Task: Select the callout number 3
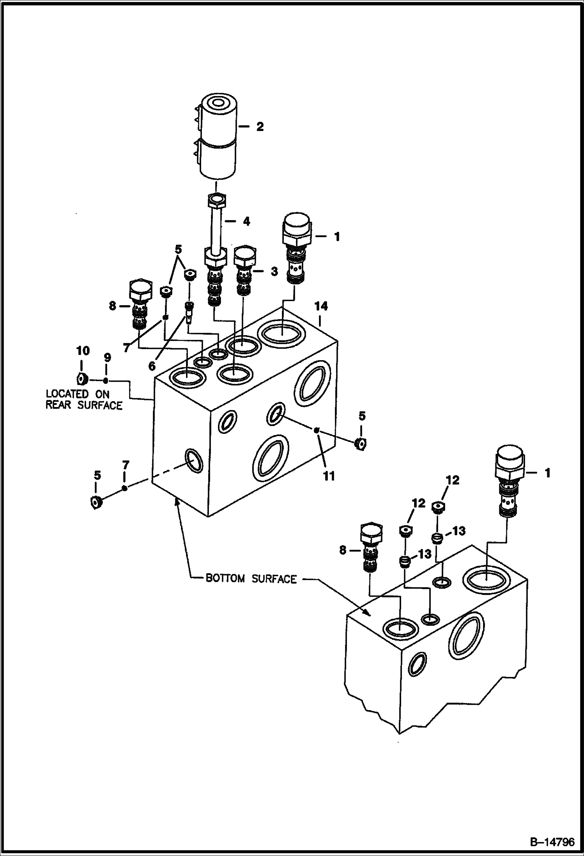[274, 272]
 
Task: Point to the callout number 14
[322, 307]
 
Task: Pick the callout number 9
[107, 358]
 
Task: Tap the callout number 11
[330, 476]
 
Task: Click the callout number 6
[152, 366]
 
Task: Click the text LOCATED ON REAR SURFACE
[84, 400]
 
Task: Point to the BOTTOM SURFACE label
[251, 579]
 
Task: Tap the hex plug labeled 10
[81, 378]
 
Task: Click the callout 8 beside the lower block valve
[343, 550]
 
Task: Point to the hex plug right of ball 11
[361, 444]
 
